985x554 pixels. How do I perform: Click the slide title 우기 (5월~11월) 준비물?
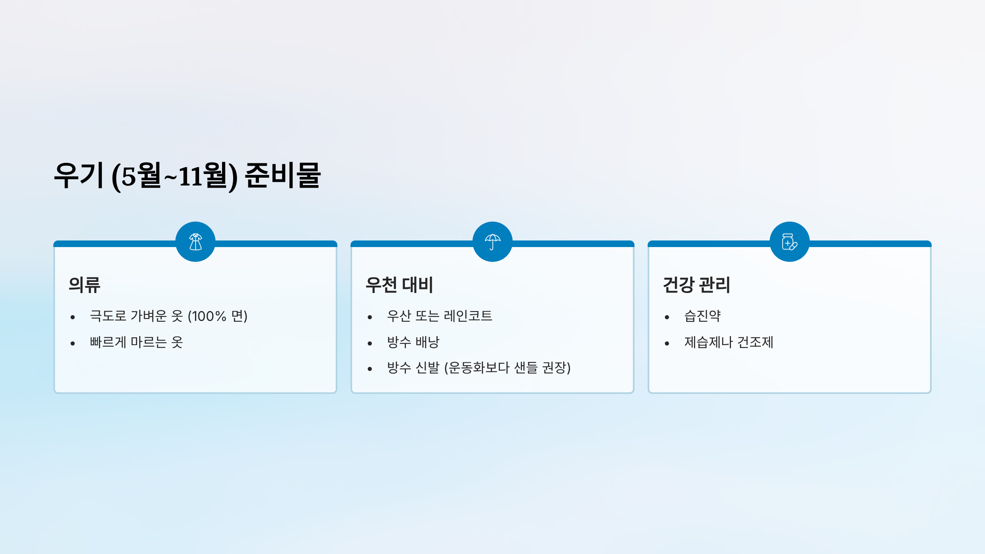tap(187, 176)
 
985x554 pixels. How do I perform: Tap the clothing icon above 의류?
tap(195, 242)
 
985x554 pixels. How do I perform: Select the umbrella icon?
tap(492, 242)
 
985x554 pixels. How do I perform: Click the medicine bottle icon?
tap(790, 242)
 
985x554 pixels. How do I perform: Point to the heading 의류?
tap(85, 285)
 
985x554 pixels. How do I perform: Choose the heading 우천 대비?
tap(399, 285)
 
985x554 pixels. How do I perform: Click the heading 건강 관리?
tap(696, 285)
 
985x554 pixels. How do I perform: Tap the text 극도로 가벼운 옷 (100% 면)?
tap(169, 316)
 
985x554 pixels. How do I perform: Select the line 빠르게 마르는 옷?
tap(136, 342)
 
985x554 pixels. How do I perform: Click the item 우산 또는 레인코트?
tap(440, 316)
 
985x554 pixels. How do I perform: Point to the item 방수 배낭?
tap(413, 342)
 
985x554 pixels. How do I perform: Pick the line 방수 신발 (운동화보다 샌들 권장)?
tap(479, 368)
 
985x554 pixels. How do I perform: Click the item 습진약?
tap(702, 316)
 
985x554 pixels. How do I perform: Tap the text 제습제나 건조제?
tap(728, 342)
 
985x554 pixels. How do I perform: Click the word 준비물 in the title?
tap(282, 176)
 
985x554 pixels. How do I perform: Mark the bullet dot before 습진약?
tap(667, 317)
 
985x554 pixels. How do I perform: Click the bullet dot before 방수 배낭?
tap(370, 343)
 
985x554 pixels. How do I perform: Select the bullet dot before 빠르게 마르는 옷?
tap(73, 343)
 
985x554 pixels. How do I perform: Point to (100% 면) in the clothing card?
tap(218, 316)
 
